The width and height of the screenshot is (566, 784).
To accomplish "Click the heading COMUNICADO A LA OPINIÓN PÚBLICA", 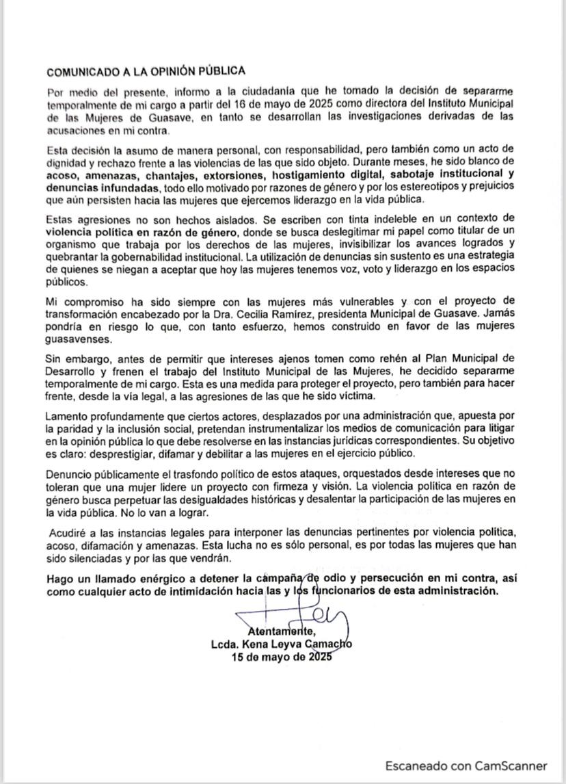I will click(x=146, y=71).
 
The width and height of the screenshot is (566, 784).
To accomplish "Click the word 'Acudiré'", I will click(x=69, y=532).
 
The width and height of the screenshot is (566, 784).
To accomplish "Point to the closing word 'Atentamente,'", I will click(x=282, y=631).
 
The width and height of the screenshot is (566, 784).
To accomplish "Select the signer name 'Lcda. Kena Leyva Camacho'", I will click(x=282, y=644).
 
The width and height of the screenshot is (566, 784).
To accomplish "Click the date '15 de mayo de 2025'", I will click(x=282, y=657).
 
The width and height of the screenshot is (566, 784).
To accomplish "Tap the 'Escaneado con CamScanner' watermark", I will click(x=466, y=766).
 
